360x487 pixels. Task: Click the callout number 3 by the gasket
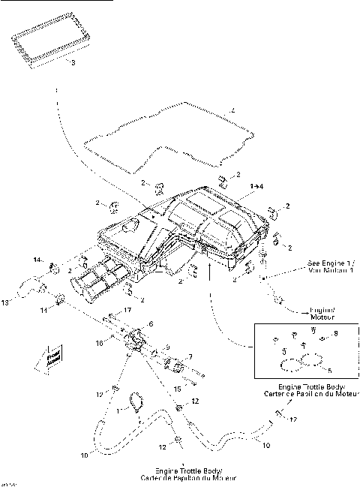pyautogui.click(x=72, y=63)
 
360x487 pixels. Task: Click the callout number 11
pyautogui.click(x=43, y=309)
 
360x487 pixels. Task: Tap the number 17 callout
pyautogui.click(x=127, y=310)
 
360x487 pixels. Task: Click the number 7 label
pyautogui.click(x=190, y=356)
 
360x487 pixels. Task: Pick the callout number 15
pyautogui.click(x=177, y=389)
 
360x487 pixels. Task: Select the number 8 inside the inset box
pyautogui.click(x=335, y=332)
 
